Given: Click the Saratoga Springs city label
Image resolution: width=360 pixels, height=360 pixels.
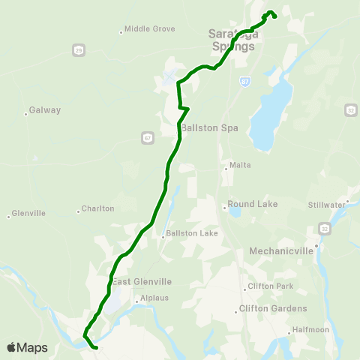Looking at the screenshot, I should tap(231, 40).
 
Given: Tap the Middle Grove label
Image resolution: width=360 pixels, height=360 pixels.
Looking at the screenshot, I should tap(149, 29).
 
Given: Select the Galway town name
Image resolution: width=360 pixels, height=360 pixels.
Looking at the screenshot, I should tap(44, 110).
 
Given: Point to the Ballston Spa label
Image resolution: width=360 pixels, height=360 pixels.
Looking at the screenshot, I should tap(209, 127).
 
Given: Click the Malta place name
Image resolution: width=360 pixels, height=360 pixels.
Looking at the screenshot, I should tap(240, 165).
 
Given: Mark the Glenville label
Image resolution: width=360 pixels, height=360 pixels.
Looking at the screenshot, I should tap(29, 213).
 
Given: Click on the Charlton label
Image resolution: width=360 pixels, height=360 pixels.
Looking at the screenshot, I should tap(97, 208).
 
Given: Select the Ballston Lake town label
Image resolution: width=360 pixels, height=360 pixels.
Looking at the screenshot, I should tap(192, 233).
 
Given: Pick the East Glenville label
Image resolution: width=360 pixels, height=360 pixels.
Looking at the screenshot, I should tap(142, 281).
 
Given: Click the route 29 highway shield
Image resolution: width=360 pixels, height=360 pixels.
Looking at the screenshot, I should tap(79, 50).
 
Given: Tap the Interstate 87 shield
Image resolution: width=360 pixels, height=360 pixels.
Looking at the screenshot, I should tap(245, 79).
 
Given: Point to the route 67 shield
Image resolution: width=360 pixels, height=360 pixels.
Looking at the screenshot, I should tap(146, 137).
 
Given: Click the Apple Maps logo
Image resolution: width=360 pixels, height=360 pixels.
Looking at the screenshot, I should tap(28, 347).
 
